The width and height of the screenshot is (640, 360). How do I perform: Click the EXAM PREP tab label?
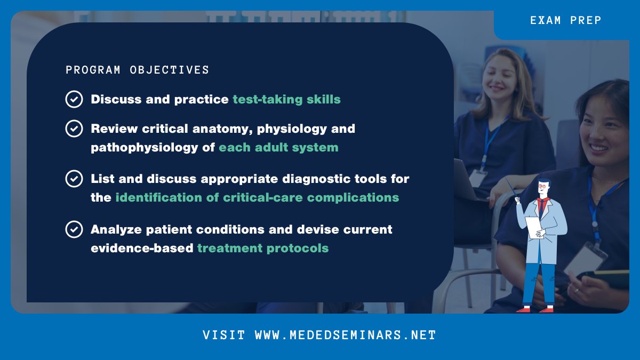[565, 21]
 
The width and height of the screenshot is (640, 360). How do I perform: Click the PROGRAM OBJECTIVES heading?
[137, 70]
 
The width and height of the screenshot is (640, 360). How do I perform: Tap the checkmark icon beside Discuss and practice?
[74, 99]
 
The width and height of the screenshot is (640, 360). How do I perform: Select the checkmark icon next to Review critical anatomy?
[74, 129]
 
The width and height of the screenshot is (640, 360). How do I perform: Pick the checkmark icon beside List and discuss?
[74, 179]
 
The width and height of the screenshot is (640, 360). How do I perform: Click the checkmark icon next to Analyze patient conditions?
[74, 229]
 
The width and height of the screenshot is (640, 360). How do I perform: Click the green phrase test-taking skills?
[286, 99]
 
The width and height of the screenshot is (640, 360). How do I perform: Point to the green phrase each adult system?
[278, 147]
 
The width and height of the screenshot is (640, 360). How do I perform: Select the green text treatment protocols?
[262, 248]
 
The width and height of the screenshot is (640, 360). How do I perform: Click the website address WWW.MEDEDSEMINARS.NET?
[345, 335]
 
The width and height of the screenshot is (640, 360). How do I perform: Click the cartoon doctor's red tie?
[542, 204]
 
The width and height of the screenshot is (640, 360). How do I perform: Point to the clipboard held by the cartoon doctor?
[533, 226]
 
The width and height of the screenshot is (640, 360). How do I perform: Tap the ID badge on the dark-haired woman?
[586, 258]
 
